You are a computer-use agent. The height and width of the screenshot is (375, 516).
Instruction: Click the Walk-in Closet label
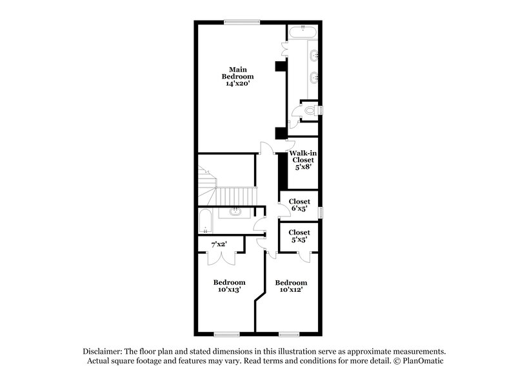pos(303,156)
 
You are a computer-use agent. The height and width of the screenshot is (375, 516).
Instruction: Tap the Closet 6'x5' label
pos(299,205)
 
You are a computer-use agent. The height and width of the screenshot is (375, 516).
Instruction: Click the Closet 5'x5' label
pos(299,236)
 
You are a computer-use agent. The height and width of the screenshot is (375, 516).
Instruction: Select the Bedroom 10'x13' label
pos(229,285)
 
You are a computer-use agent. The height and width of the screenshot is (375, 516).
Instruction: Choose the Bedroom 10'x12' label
pos(291,286)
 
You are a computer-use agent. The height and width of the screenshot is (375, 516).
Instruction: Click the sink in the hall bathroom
pos(235,211)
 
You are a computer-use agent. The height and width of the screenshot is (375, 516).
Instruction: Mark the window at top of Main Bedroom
pos(243,23)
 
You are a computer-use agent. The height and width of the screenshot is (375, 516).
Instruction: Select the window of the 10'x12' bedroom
pos(290,333)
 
